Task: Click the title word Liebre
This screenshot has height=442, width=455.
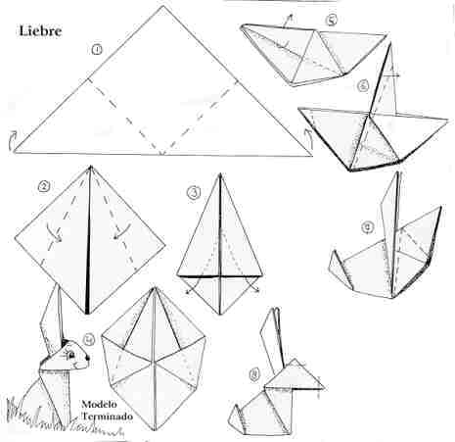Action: coord(41,30)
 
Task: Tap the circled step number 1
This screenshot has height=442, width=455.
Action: coord(96,48)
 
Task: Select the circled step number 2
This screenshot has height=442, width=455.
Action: coord(44,186)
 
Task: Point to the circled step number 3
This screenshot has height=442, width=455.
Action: coord(194,193)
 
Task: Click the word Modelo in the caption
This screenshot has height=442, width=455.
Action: coord(100,403)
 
